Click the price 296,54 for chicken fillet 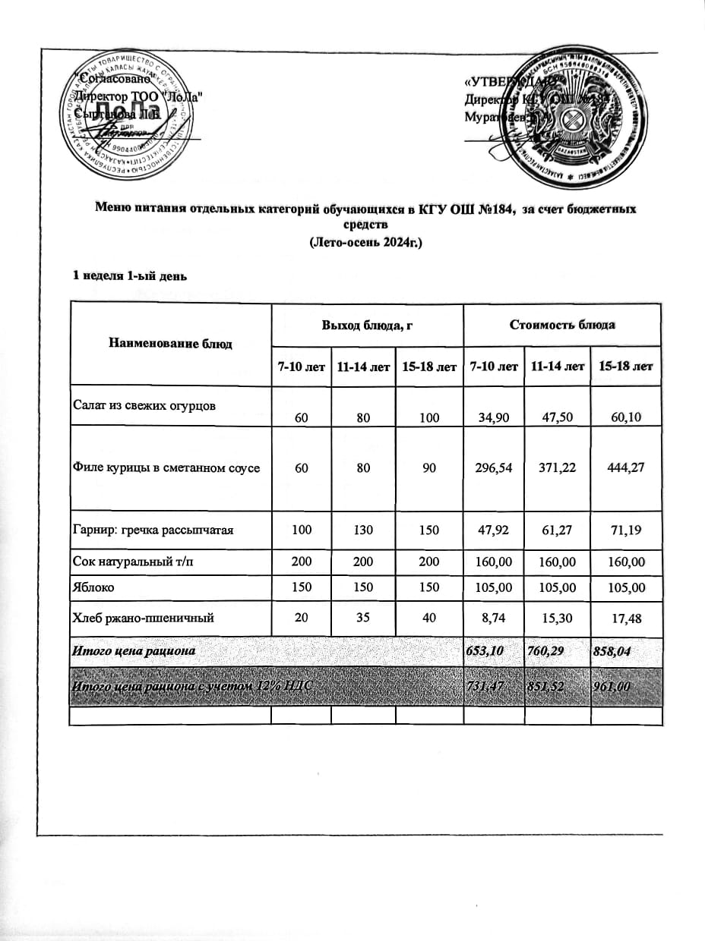coord(491,468)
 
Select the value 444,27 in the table coord(622,468)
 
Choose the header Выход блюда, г coord(366,325)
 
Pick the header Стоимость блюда coord(562,325)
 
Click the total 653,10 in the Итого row coord(491,650)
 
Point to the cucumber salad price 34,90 coord(491,417)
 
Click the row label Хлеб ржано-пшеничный coord(143,618)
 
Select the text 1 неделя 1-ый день coord(129,275)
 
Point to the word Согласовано coord(114,79)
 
